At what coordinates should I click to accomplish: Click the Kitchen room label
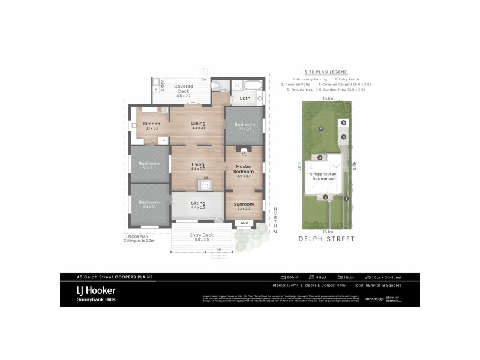click(x=151, y=124)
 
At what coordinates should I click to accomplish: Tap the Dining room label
click(x=198, y=124)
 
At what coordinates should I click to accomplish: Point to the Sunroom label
click(x=244, y=204)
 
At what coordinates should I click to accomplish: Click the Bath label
click(x=245, y=98)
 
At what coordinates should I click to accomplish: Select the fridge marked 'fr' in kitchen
click(x=163, y=141)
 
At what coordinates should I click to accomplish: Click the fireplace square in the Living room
click(x=205, y=185)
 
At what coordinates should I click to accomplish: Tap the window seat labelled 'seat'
click(x=244, y=223)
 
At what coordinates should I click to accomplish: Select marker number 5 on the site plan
click(x=322, y=128)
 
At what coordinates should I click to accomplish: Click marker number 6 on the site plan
click(x=343, y=122)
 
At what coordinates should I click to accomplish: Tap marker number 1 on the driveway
click(x=346, y=199)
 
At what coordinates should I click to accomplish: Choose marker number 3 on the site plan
click(x=320, y=158)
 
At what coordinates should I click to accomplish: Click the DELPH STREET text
click(x=326, y=239)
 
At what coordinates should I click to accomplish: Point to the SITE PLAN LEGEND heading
click(x=326, y=71)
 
